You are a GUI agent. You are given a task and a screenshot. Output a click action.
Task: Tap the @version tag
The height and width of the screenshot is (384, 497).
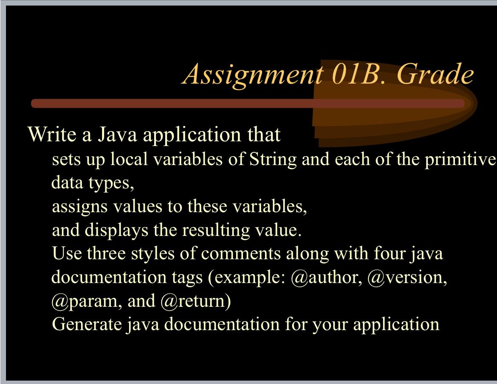coord(407,277)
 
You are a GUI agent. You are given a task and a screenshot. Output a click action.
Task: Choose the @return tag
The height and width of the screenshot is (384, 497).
coord(195,301)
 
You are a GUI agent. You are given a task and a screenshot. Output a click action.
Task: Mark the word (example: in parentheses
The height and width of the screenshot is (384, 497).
coord(246,277)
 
